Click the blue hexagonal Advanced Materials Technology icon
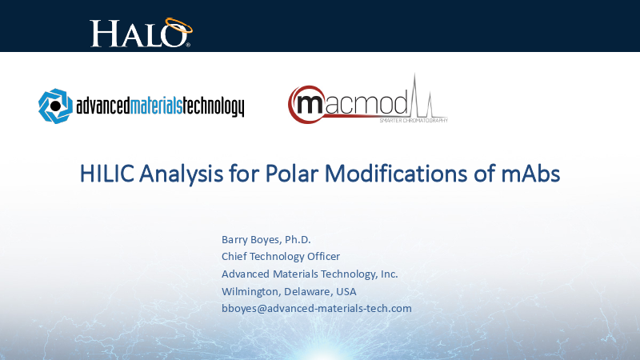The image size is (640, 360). click(x=55, y=105)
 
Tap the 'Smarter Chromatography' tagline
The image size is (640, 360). click(x=413, y=120)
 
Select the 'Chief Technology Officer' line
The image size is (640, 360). click(x=281, y=257)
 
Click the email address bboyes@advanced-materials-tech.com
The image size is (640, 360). click(x=316, y=308)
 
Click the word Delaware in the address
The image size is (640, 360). click(x=307, y=291)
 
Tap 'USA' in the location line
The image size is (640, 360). click(x=346, y=291)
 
